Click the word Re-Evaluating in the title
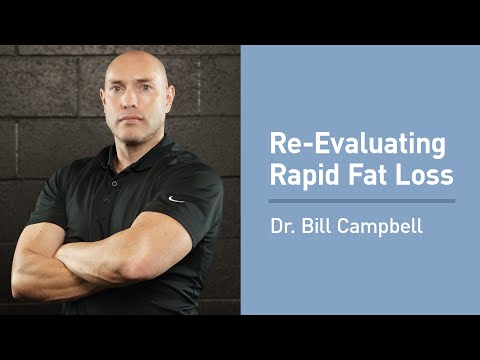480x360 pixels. point(357,144)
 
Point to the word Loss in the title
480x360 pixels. point(424,175)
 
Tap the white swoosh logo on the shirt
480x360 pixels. point(176,199)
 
